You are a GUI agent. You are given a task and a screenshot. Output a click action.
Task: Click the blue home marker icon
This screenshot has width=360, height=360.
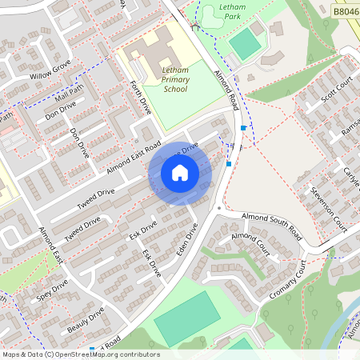[x=179, y=173]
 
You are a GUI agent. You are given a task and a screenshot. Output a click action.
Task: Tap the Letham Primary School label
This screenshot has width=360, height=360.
[x=174, y=79]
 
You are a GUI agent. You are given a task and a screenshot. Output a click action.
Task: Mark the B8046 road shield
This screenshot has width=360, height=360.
[x=345, y=12]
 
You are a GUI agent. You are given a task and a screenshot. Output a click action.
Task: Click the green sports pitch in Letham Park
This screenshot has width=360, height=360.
[x=245, y=44]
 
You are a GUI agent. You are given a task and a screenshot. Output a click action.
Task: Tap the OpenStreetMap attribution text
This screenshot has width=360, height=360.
[x=81, y=354]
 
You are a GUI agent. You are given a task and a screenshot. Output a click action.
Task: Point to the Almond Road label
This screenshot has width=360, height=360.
[x=226, y=88]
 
